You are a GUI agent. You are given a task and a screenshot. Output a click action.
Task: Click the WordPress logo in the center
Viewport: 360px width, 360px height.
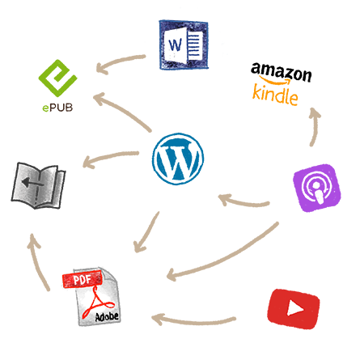(x=178, y=159)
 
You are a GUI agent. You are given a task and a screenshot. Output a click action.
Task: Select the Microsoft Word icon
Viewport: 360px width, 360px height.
(x=184, y=44)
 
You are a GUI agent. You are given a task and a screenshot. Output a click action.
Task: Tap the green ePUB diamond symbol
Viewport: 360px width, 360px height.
(x=57, y=78)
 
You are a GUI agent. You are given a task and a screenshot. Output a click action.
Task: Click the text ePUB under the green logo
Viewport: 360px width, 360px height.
(x=57, y=108)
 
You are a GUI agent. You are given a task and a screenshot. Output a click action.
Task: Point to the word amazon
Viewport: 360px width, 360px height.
(x=282, y=72)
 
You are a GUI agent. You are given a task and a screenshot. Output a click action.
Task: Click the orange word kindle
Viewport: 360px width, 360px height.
(x=275, y=95)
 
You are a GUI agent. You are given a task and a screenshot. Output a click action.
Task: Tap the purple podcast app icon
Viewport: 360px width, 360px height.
(x=317, y=188)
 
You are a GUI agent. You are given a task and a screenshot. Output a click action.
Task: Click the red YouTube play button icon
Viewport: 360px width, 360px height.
(x=294, y=309)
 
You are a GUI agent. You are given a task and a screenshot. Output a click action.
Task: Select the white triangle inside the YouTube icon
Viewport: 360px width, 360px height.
(x=294, y=309)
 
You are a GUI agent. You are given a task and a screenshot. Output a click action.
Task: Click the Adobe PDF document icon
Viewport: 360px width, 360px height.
(x=91, y=297)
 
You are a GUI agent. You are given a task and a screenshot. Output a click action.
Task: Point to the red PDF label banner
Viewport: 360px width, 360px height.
(x=82, y=280)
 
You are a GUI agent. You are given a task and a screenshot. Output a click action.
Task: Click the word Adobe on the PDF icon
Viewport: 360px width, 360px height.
(x=107, y=316)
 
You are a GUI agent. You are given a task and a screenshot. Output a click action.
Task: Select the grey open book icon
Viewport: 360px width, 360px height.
(x=38, y=185)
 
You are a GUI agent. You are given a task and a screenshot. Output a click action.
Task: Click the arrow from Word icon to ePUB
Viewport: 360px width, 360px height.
(x=119, y=61)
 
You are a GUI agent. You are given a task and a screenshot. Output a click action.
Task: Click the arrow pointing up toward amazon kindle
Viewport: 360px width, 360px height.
(x=316, y=126)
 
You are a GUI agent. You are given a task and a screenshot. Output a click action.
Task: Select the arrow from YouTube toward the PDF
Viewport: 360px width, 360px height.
(x=193, y=322)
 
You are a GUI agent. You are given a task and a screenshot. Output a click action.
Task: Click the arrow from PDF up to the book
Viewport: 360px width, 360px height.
(x=38, y=261)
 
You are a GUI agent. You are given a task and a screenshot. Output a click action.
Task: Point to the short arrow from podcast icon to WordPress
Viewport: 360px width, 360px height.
(x=243, y=202)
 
